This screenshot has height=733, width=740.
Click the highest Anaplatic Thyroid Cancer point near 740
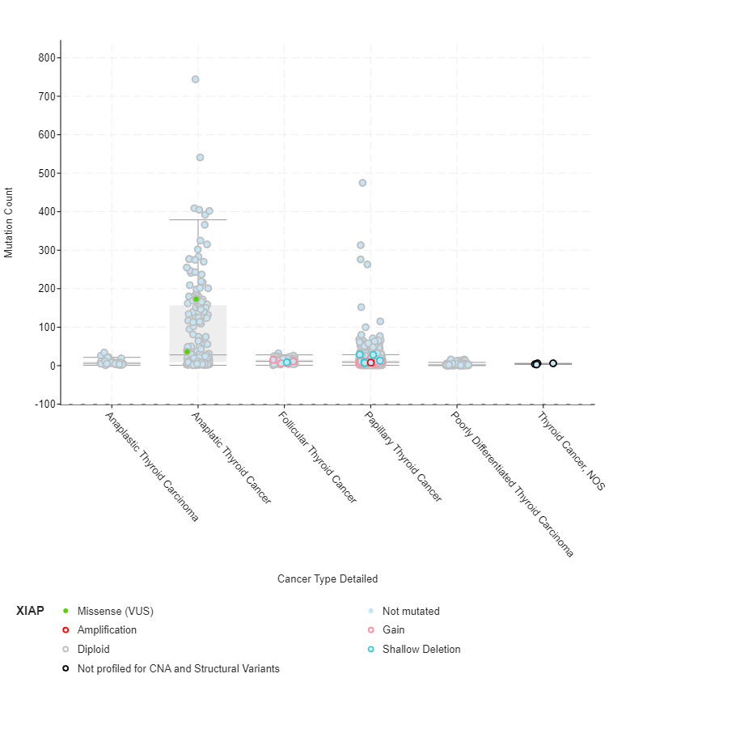[196, 79]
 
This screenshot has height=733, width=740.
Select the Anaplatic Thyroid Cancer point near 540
[200, 157]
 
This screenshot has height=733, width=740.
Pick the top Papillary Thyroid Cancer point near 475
[362, 183]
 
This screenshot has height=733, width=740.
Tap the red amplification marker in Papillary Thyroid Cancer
[370, 362]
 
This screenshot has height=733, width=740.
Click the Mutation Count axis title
[9, 222]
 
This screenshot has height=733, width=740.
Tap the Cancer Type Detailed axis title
[328, 578]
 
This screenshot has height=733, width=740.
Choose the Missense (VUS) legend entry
[115, 611]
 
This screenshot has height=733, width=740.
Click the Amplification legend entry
[107, 629]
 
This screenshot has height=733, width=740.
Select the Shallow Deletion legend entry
[421, 649]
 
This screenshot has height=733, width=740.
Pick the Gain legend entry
[394, 629]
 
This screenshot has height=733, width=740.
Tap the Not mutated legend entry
[411, 611]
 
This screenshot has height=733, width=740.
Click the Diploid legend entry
[93, 649]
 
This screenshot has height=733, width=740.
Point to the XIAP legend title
[30, 611]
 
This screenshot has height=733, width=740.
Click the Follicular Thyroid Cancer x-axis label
[317, 458]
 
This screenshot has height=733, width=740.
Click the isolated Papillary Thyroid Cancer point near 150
[361, 307]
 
